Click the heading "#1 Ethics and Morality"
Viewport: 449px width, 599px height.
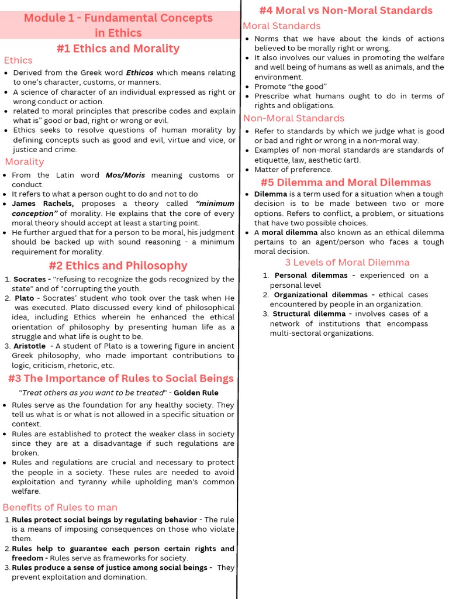click(118, 48)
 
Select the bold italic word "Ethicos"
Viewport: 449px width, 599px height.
click(140, 73)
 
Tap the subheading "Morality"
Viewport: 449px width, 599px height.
click(25, 161)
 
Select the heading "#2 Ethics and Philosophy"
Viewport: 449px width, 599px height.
click(118, 266)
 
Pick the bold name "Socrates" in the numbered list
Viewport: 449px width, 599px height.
click(30, 279)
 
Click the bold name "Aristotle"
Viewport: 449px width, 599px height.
click(30, 346)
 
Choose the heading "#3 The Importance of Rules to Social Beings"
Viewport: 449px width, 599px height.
click(120, 378)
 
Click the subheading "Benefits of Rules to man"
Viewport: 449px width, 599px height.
click(60, 507)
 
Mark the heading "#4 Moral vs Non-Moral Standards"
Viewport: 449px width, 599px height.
click(346, 11)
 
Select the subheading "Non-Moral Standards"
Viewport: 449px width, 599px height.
click(293, 118)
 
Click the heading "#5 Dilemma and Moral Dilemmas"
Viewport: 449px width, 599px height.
click(346, 183)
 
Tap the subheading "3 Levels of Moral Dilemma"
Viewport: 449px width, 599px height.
click(347, 262)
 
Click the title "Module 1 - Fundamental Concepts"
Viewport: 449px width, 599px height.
click(118, 18)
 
